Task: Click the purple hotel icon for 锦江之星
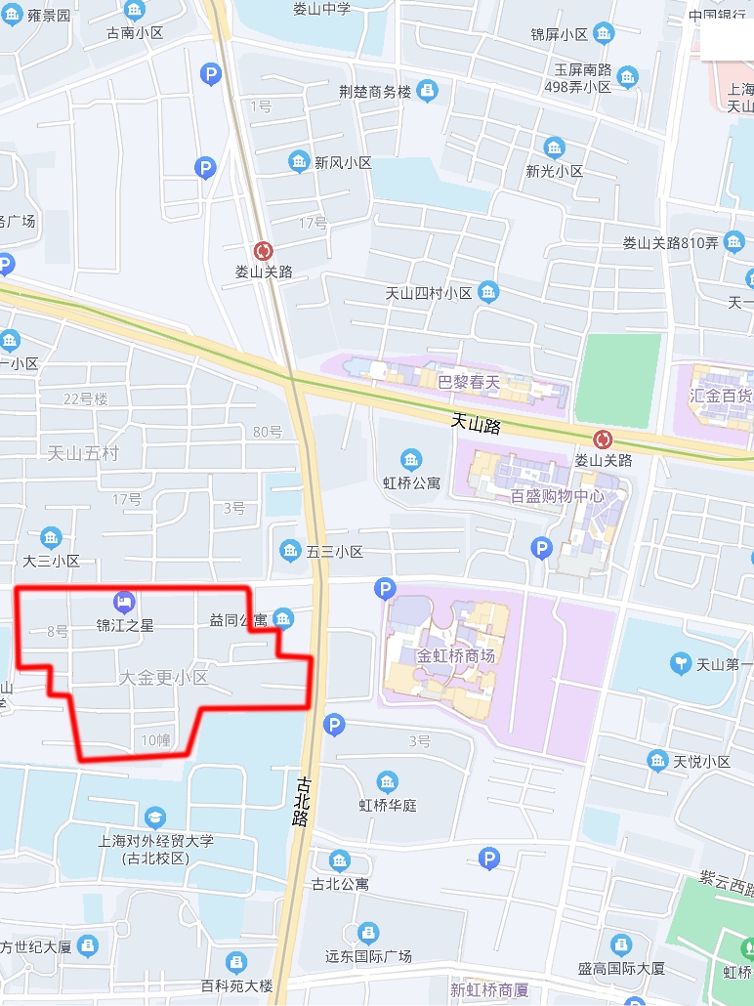pos(124,601)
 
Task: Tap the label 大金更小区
pos(163,677)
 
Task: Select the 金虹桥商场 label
pos(456,655)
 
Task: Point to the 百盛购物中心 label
pos(557,495)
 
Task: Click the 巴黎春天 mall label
pos(469,383)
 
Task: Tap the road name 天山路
pos(476,424)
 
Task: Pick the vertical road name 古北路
pos(300,801)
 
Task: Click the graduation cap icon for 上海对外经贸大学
pos(155,817)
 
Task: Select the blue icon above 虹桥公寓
pos(411,459)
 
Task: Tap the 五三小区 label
pos(335,552)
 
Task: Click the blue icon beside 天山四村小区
pos(488,292)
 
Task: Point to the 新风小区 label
pos(343,163)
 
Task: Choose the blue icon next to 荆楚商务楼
pos(427,92)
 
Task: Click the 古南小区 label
pos(135,32)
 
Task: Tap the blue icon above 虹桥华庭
pos(388,782)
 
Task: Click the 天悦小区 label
pos(701,761)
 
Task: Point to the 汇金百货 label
pos(720,396)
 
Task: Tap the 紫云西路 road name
pos(727,885)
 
